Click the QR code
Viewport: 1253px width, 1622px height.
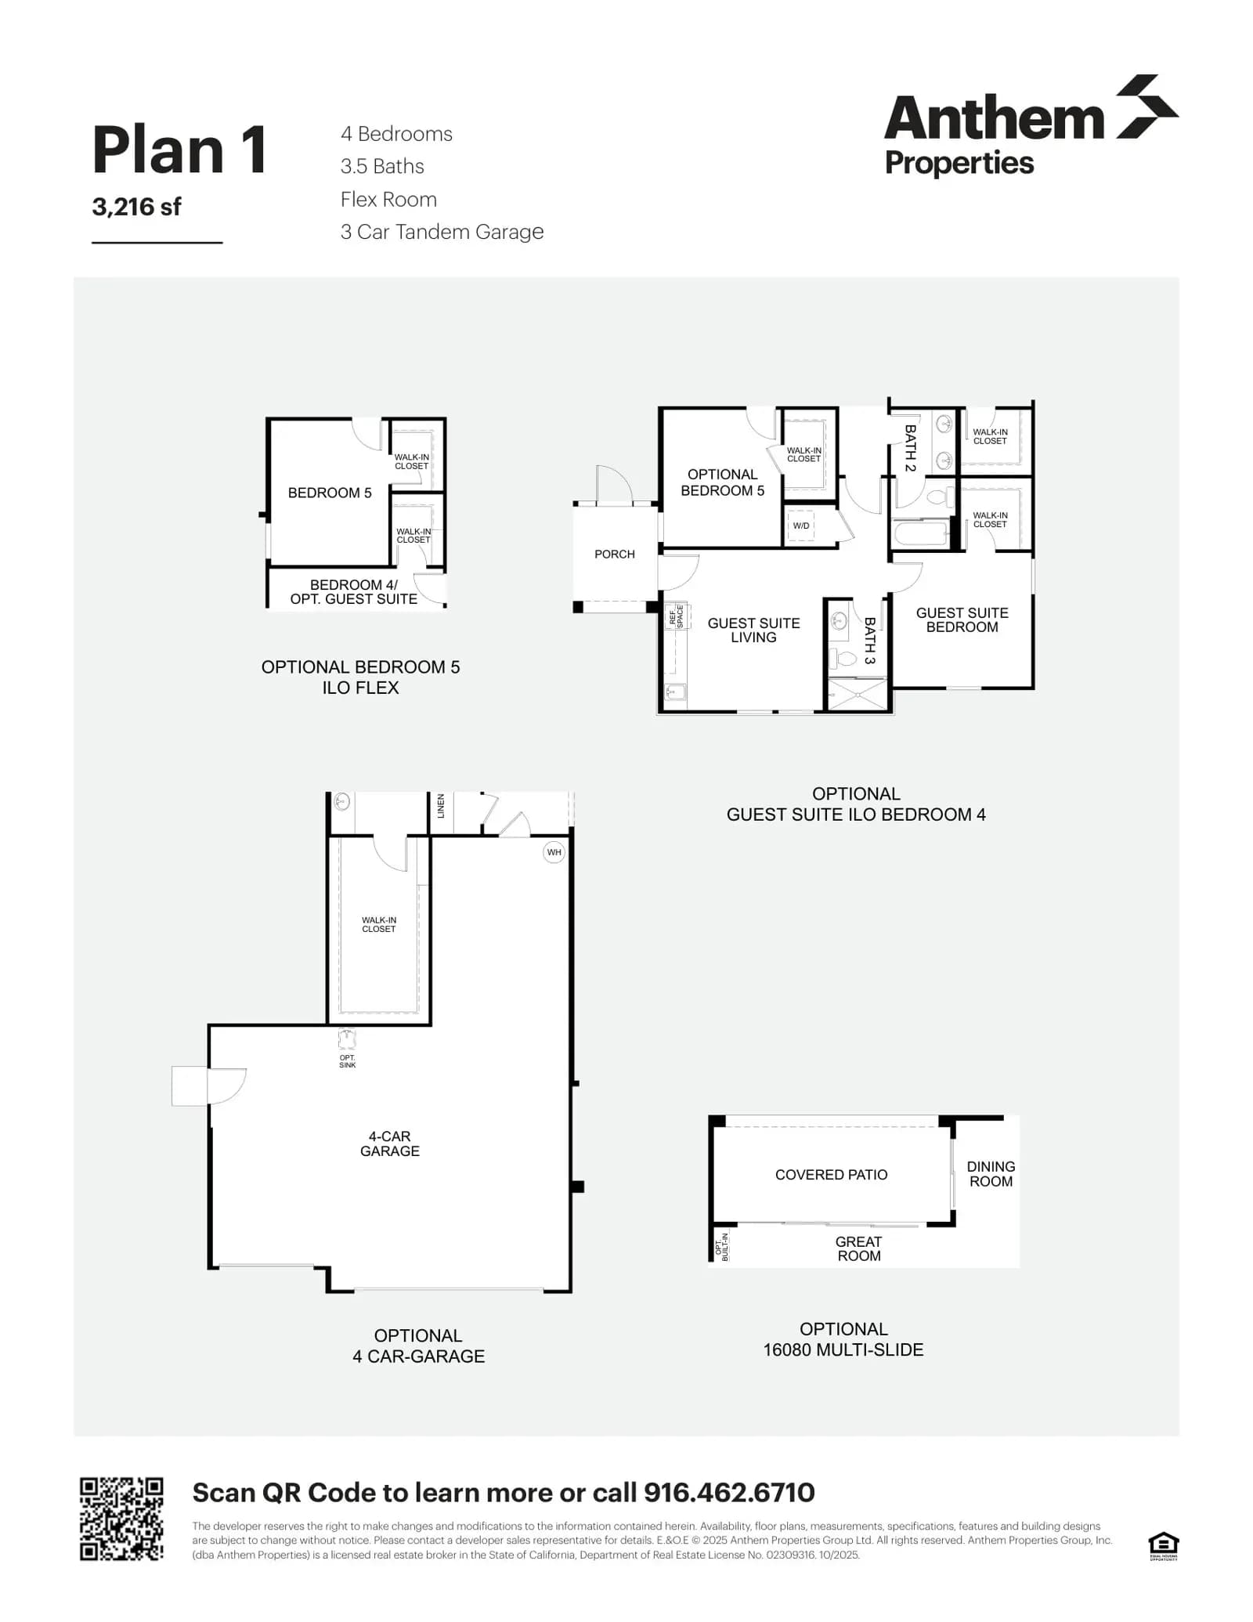pos(121,1519)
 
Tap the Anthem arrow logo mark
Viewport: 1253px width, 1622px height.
pos(1146,107)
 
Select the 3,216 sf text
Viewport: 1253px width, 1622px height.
pos(136,207)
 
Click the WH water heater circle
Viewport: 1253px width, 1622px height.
pos(554,852)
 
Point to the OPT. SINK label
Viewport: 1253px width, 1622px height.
pos(347,1061)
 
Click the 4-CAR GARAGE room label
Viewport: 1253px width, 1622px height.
pos(389,1143)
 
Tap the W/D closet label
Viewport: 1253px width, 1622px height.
pos(800,526)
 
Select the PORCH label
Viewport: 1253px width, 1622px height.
pos(614,554)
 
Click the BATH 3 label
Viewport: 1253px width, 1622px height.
pos(869,641)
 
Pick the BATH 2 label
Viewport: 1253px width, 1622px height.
pos(910,448)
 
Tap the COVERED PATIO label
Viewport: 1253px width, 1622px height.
pos(831,1175)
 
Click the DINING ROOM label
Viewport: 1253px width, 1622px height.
pos(991,1174)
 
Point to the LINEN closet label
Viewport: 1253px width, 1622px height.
pos(441,806)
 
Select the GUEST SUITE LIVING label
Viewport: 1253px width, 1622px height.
pos(753,630)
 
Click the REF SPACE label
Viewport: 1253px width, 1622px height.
pos(676,616)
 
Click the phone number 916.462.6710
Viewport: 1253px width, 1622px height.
pos(729,1493)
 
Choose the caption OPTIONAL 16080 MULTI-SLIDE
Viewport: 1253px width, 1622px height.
pos(843,1339)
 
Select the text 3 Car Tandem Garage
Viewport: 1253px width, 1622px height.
pos(442,232)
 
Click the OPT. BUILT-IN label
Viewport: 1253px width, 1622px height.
pos(722,1247)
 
